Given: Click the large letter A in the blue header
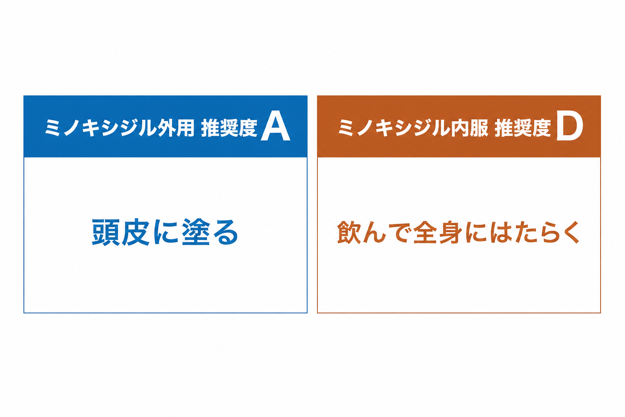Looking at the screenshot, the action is click(275, 127).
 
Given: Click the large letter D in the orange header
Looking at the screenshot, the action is click(570, 127).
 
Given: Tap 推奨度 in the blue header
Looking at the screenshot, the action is click(229, 128).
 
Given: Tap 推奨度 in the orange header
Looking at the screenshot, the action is click(523, 128).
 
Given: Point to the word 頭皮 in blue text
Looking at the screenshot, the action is click(120, 232).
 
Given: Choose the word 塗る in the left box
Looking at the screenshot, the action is click(210, 232).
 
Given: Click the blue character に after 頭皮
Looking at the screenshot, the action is click(166, 232).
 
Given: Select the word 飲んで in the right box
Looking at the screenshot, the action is click(374, 232).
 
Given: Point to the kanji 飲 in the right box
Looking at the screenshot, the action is click(349, 232).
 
